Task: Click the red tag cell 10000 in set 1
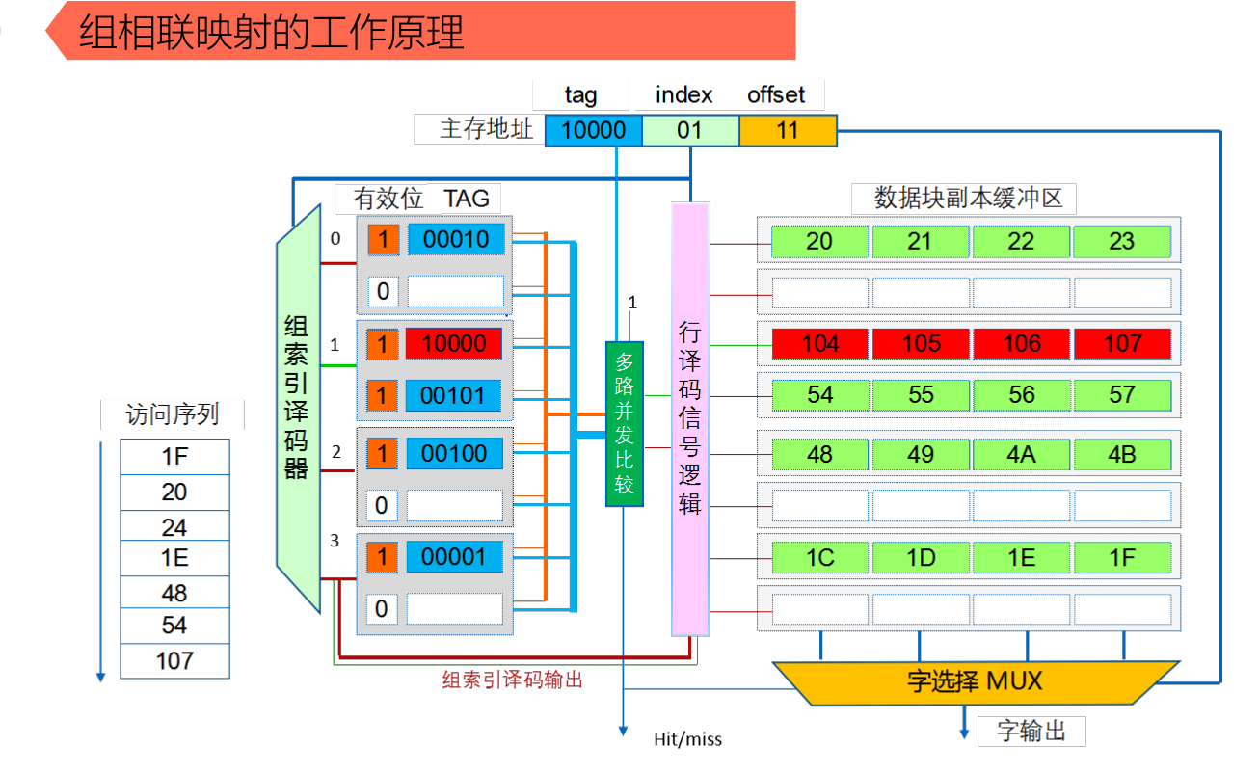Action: [454, 344]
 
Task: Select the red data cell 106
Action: [1021, 344]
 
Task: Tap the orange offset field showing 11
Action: [788, 130]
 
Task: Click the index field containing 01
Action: [689, 130]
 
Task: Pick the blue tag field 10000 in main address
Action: [593, 130]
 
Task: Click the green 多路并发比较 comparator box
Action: [624, 423]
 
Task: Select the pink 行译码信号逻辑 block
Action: [689, 419]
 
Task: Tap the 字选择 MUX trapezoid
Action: [975, 681]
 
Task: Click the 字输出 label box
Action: [1031, 732]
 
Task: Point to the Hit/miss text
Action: [687, 739]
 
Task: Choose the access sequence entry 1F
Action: [174, 457]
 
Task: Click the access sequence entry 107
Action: [174, 661]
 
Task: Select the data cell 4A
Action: [1021, 454]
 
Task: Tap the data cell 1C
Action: [819, 558]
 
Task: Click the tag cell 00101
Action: [454, 396]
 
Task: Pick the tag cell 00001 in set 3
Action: [454, 557]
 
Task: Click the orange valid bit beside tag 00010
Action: [383, 240]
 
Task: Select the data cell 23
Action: [1121, 241]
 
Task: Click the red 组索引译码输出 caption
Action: [512, 680]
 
